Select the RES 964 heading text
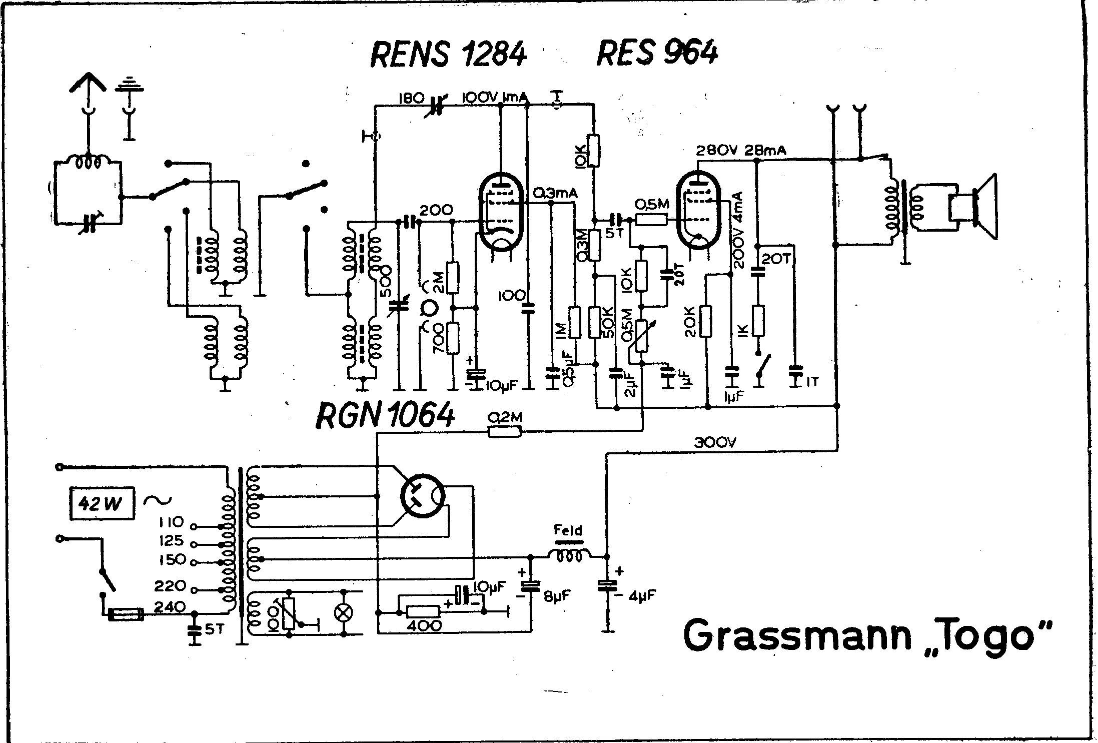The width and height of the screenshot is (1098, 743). click(657, 54)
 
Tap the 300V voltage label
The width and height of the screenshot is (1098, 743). click(715, 442)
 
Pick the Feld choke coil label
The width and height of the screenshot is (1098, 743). click(568, 530)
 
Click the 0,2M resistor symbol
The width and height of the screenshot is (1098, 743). click(504, 431)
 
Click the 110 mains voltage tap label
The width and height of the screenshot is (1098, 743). click(171, 522)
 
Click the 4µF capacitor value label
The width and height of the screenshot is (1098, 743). click(643, 595)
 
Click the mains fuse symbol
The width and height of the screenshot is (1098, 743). click(126, 614)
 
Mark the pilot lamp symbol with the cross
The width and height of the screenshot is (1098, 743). click(344, 613)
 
